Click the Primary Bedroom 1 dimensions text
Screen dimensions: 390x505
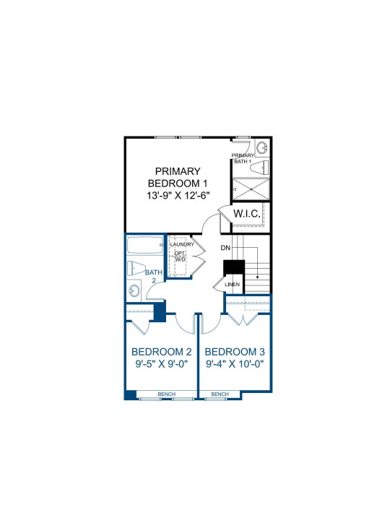pyautogui.click(x=178, y=196)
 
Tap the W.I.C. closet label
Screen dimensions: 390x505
pyautogui.click(x=247, y=214)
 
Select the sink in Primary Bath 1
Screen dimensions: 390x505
pyautogui.click(x=262, y=148)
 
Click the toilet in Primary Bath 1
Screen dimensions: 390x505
pyautogui.click(x=259, y=168)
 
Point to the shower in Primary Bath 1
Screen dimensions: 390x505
pyautogui.click(x=251, y=189)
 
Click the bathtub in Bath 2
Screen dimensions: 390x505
pyautogui.click(x=145, y=246)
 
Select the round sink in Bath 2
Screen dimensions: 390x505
pyautogui.click(x=134, y=291)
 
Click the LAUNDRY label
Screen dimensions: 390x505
pyautogui.click(x=182, y=244)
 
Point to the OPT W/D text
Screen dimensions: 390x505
pyautogui.click(x=180, y=256)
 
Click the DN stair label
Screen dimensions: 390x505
pyautogui.click(x=225, y=248)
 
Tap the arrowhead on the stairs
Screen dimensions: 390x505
pyautogui.click(x=258, y=277)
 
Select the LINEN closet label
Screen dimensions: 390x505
pyautogui.click(x=233, y=285)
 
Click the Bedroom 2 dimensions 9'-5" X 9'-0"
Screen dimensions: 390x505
pyautogui.click(x=162, y=364)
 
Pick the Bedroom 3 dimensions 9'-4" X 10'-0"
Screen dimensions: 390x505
pyautogui.click(x=235, y=364)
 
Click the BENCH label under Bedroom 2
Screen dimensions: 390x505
pyautogui.click(x=167, y=394)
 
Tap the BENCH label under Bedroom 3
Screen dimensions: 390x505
pyautogui.click(x=220, y=394)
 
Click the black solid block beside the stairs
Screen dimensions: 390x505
pyautogui.click(x=234, y=267)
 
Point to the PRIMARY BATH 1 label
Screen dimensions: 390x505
pyautogui.click(x=243, y=158)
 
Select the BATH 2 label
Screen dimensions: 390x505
pyautogui.click(x=154, y=276)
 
